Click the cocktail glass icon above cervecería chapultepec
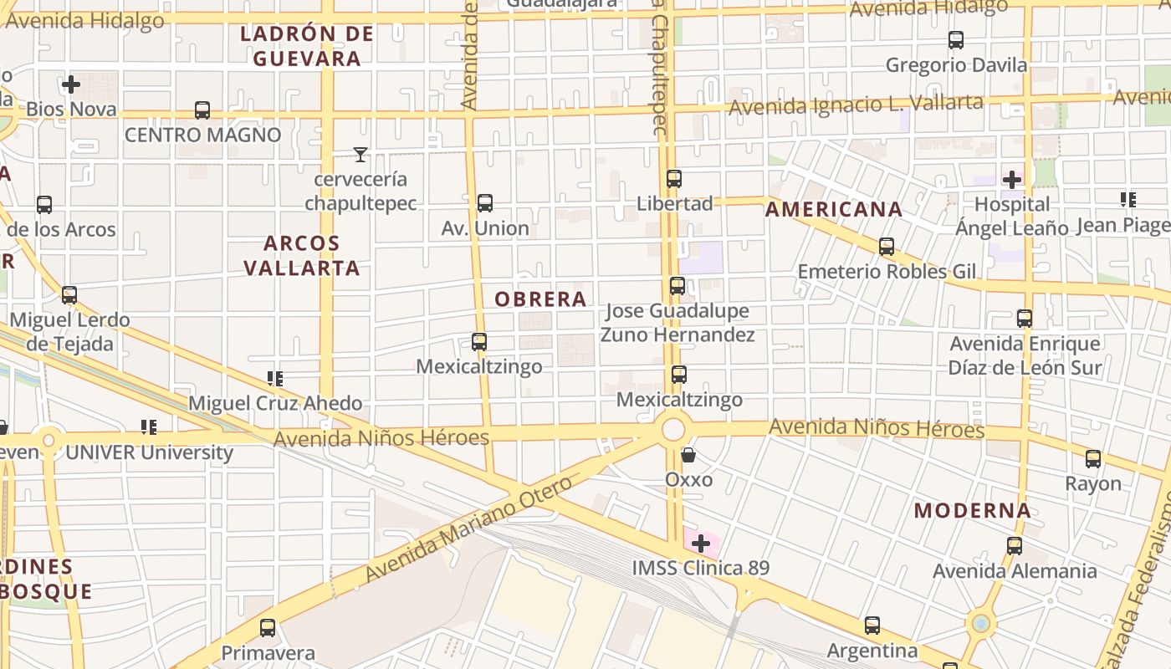[361, 155]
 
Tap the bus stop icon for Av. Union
[484, 203]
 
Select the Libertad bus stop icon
[674, 179]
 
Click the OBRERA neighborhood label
[540, 299]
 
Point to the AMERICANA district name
[834, 209]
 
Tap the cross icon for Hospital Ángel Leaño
[1012, 179]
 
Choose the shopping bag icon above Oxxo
[688, 456]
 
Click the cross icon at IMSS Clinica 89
[701, 544]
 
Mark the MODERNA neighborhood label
[972, 510]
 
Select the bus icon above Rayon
[1093, 459]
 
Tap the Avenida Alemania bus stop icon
[1015, 547]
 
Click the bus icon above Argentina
[872, 626]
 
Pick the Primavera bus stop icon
[268, 628]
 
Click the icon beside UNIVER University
[149, 428]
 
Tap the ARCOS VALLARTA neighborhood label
[312, 255]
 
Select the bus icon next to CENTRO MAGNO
[202, 110]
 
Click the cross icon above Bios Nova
[71, 84]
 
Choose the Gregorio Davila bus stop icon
[956, 40]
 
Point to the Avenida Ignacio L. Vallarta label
[856, 105]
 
